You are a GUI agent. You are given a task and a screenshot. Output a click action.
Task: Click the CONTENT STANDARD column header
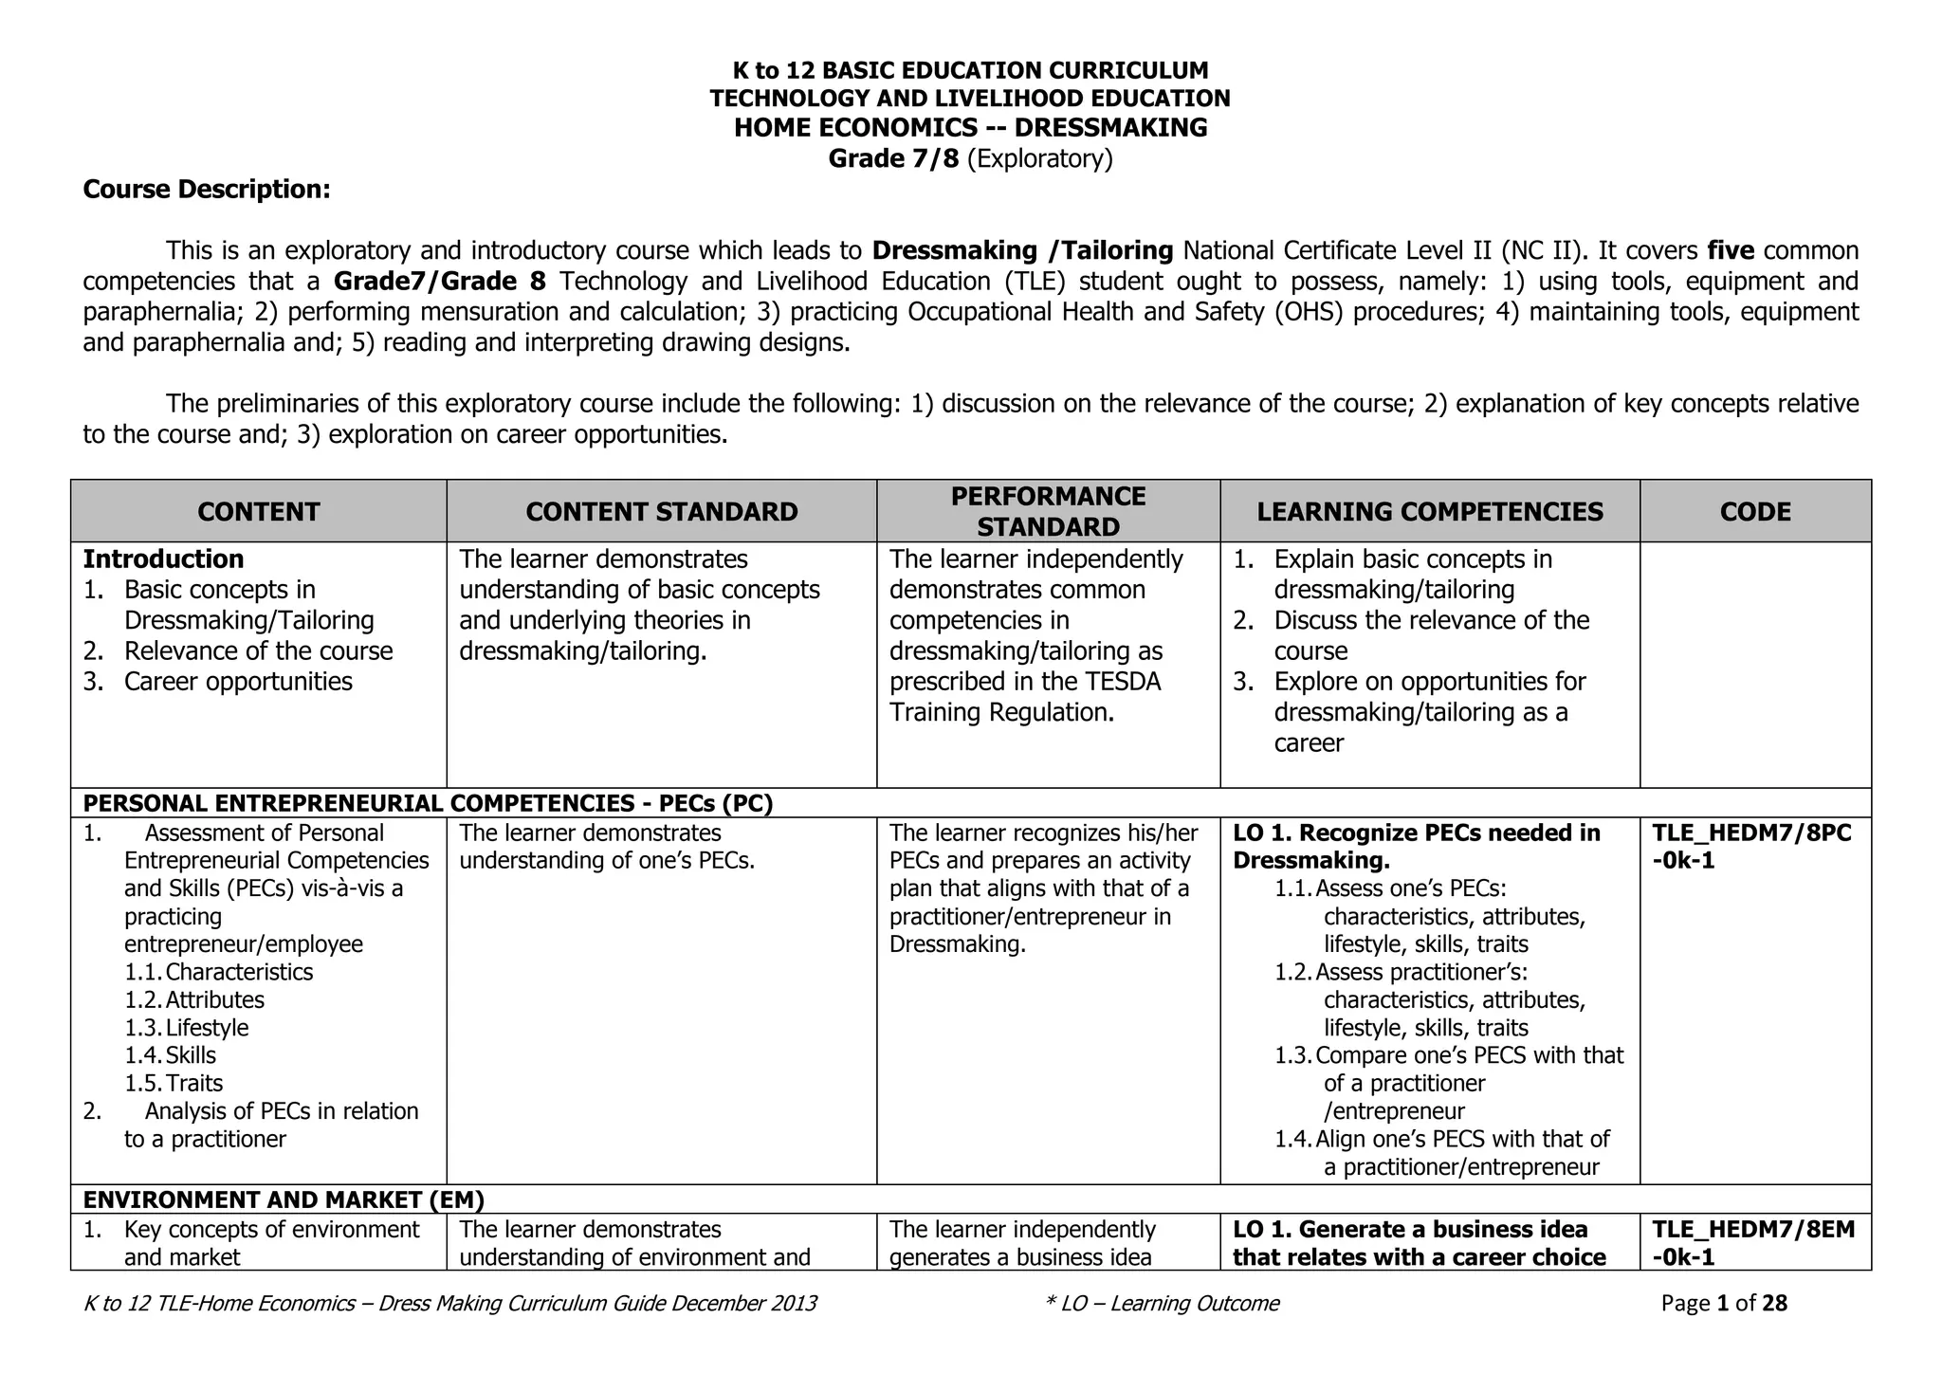[x=661, y=512]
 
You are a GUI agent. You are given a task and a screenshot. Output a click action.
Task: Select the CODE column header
[x=1754, y=512]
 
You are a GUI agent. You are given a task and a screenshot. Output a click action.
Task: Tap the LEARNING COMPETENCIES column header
[x=1429, y=512]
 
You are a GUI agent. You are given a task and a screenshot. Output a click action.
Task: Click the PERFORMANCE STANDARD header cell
[x=1048, y=511]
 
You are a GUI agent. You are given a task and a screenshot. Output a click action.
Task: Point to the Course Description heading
[x=207, y=190]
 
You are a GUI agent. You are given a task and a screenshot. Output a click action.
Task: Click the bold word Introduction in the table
[x=163, y=559]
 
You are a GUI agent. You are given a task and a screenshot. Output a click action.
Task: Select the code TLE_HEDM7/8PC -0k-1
[x=1750, y=847]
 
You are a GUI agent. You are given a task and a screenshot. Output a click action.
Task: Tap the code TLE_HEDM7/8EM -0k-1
[x=1752, y=1243]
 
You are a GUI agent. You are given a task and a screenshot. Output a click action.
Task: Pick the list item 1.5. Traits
[x=174, y=1083]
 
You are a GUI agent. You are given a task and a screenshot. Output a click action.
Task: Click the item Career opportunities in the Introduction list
[x=237, y=682]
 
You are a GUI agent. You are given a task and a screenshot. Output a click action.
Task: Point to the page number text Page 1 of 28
[x=1723, y=1304]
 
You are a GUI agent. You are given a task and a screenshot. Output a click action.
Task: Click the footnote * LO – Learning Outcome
[x=1162, y=1304]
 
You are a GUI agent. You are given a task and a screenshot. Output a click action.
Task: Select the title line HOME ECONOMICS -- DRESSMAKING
[x=970, y=128]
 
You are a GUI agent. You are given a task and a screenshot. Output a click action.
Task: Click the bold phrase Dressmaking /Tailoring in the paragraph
[x=1022, y=251]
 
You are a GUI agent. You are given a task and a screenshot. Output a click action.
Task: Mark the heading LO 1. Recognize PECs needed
[x=1416, y=833]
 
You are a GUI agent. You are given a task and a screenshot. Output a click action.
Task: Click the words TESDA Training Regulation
[x=1024, y=698]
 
